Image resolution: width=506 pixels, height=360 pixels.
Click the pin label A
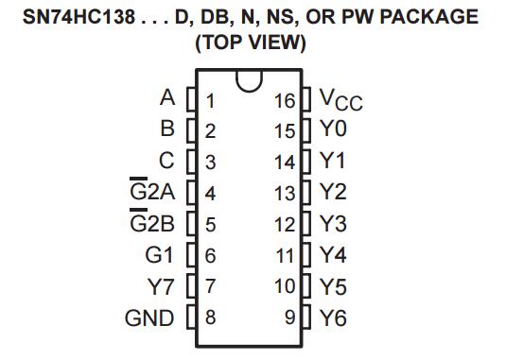(168, 98)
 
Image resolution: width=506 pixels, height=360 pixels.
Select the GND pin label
(149, 317)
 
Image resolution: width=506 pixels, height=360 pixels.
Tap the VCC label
(340, 98)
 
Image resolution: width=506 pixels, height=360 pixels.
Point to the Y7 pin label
(161, 286)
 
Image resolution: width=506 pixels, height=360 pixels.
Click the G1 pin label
(162, 255)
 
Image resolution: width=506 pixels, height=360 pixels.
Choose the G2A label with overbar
(151, 193)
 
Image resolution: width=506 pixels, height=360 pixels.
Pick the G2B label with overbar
(151, 224)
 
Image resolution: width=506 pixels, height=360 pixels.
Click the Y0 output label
(333, 130)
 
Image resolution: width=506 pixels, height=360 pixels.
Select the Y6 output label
(333, 317)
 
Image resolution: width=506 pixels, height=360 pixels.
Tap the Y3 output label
(333, 224)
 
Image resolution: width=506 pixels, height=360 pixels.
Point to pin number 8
(210, 317)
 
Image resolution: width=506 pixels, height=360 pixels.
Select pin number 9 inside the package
(290, 317)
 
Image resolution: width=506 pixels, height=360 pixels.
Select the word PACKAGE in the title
(427, 17)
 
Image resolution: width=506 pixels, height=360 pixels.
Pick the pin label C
(167, 162)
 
